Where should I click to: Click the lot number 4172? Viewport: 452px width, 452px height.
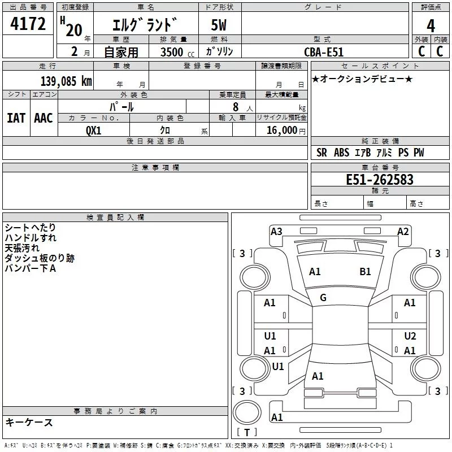tap(28, 24)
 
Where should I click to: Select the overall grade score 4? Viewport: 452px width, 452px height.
tap(431, 25)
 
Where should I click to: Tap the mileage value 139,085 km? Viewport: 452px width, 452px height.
tap(66, 81)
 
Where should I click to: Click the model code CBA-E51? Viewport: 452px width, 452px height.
tap(324, 52)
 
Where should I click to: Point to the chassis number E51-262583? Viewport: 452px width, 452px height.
tap(380, 179)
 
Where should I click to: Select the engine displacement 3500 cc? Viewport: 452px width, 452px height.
tap(177, 52)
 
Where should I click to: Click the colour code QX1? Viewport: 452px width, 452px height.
tap(93, 131)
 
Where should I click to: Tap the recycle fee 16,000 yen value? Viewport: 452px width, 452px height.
tap(286, 131)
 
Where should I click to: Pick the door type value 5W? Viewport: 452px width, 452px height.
tap(219, 25)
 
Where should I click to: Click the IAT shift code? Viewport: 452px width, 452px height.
tap(16, 118)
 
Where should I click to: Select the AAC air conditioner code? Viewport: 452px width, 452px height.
tap(44, 118)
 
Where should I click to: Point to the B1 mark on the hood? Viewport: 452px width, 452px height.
tap(365, 272)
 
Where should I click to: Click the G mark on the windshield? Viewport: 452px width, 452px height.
tap(323, 298)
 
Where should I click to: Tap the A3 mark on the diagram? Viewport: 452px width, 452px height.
tap(276, 232)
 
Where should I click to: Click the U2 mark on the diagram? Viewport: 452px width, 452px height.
tap(410, 336)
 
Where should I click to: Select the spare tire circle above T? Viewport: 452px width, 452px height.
tap(247, 412)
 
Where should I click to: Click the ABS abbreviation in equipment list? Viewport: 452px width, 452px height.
tap(342, 153)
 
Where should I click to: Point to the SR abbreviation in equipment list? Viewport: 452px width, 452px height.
tap(321, 153)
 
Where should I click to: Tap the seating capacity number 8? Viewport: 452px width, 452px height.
tap(236, 107)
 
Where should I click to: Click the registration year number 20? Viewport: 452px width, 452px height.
tap(74, 30)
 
